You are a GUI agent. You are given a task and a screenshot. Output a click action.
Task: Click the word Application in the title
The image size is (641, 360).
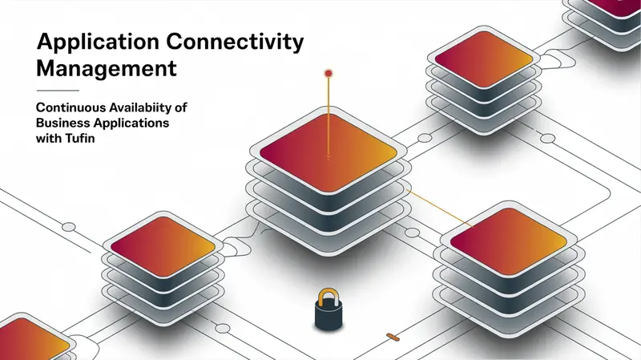tap(98, 42)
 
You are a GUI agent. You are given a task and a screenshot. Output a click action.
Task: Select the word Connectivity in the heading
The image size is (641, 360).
tap(235, 42)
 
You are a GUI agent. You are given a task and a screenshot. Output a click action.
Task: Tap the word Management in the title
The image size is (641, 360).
tap(107, 69)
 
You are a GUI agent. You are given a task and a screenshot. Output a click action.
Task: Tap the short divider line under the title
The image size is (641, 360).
tap(58, 91)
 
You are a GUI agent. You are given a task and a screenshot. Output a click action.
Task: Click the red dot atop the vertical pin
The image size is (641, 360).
tap(329, 74)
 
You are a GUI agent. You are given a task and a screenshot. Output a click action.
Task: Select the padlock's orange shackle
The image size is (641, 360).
tap(329, 297)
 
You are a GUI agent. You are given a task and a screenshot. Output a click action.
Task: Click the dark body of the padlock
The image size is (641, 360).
tap(329, 316)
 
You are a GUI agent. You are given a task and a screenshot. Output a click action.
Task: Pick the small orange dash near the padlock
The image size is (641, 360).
tap(393, 337)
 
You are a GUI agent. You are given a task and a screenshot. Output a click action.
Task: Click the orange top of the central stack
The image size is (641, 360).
tap(329, 152)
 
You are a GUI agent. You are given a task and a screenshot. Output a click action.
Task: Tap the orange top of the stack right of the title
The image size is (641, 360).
tap(484, 59)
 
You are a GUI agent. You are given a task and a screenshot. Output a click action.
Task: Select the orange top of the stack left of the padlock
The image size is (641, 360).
tap(163, 247)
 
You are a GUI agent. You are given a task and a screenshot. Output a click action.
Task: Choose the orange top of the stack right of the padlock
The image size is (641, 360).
tap(509, 241)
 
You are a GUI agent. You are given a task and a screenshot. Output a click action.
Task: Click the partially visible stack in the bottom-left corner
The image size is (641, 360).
tap(34, 338)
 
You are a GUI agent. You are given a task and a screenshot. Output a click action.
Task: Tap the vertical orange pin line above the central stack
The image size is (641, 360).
tap(329, 116)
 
